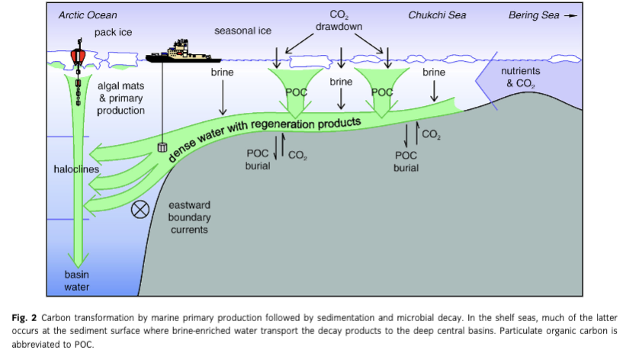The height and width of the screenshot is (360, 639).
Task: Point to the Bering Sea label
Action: [533, 15]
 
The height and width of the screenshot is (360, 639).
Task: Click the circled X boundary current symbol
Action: [140, 210]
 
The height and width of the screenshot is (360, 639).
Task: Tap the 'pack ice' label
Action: [114, 32]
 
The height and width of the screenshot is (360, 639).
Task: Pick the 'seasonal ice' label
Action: [243, 31]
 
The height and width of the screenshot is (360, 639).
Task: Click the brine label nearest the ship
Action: [222, 72]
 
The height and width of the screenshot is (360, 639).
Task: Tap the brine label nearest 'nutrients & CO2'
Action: [434, 72]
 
